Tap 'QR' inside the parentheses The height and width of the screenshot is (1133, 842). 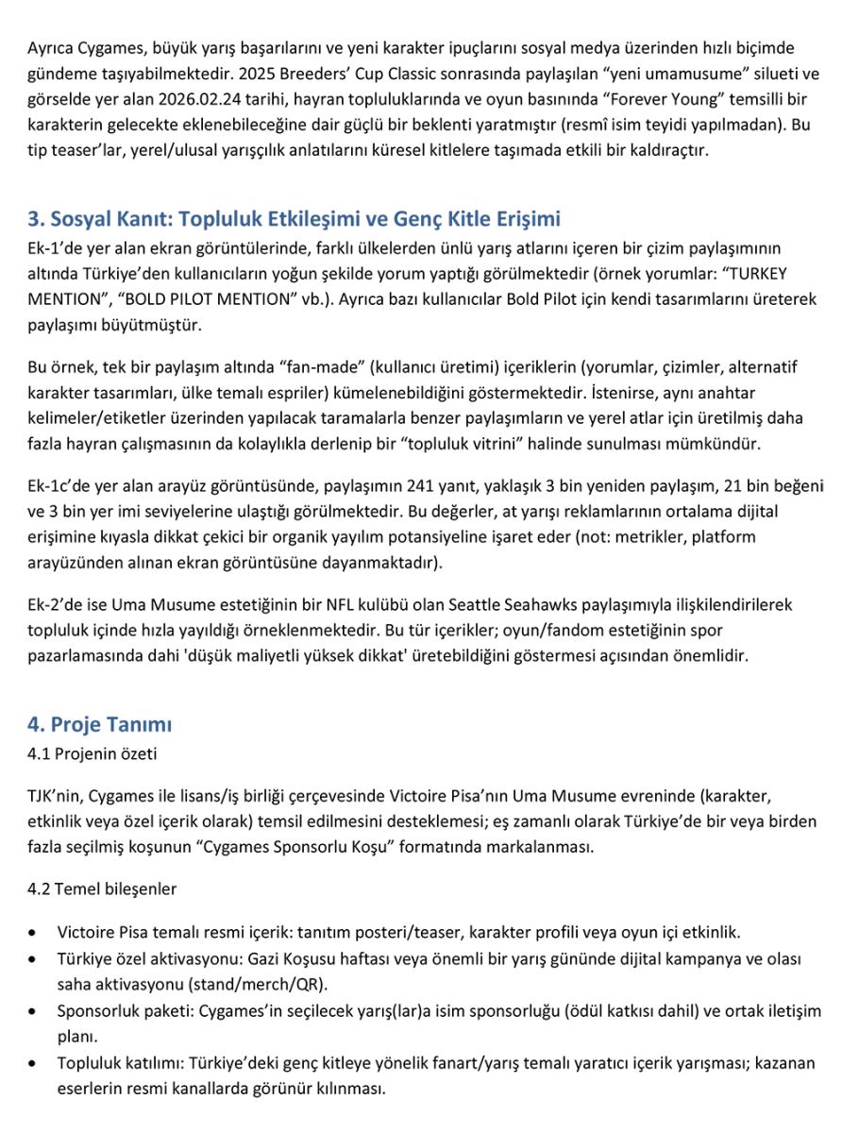[x=312, y=984]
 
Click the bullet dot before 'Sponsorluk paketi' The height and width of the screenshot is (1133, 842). [x=34, y=1010]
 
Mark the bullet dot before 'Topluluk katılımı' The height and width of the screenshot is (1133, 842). [x=34, y=1063]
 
